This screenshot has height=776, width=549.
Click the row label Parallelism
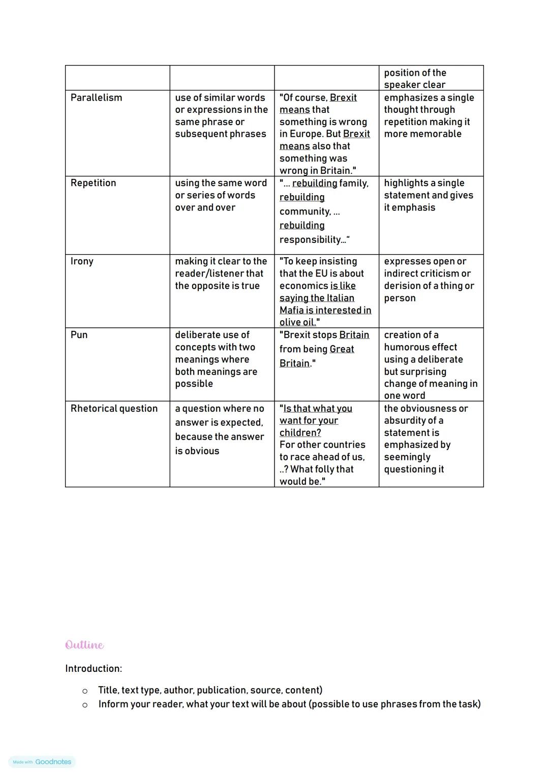pos(96,98)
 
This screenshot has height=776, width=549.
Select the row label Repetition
pos(93,183)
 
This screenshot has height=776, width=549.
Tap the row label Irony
pos(82,261)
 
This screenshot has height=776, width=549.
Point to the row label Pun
pos(79,335)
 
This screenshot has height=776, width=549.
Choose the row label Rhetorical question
pos(114,409)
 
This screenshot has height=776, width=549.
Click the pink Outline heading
pos(84,645)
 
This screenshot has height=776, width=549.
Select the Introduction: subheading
pos(94,668)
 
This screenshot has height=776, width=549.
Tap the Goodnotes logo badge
pos(42,762)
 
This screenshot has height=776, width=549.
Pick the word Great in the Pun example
pos(342,349)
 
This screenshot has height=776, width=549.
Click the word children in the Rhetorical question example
pos(300,432)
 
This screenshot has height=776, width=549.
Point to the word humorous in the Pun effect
pos(420,347)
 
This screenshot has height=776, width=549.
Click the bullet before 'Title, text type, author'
pos(85,691)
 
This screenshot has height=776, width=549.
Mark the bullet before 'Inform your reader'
pos(85,705)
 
